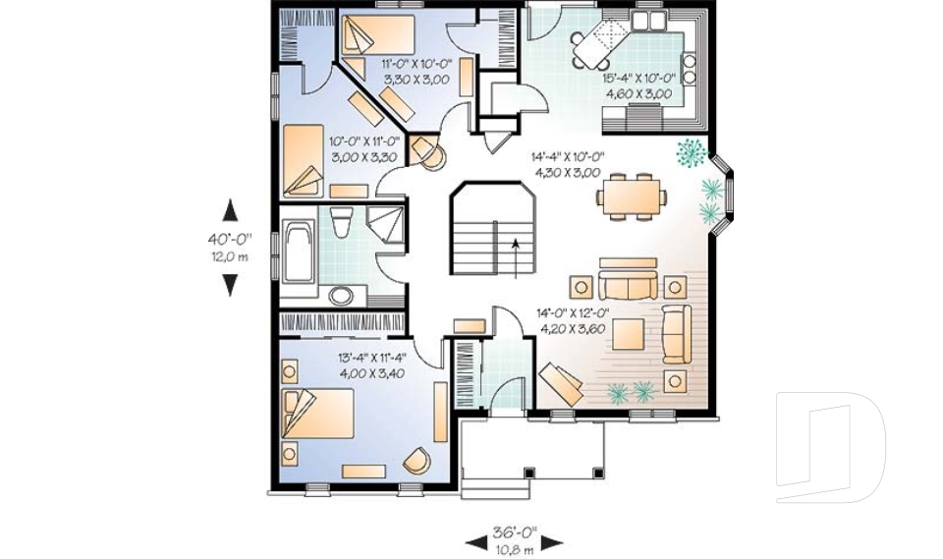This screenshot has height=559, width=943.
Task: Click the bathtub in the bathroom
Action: (299, 252)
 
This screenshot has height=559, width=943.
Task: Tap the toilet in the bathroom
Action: (342, 222)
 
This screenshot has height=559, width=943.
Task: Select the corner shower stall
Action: (385, 224)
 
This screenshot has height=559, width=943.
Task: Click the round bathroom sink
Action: (342, 297)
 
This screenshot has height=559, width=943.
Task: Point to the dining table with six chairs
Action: (632, 196)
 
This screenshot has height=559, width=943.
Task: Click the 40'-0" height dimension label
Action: (230, 239)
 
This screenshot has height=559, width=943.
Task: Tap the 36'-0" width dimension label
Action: (515, 532)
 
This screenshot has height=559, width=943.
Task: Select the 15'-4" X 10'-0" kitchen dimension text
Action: (639, 79)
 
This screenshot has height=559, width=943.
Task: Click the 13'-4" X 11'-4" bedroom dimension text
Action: (372, 358)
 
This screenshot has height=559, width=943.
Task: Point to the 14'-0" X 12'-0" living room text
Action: (573, 312)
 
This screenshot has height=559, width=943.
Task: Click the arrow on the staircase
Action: (516, 258)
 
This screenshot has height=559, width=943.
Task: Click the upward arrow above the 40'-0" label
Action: (230, 210)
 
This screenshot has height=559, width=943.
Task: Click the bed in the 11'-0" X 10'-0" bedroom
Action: (377, 35)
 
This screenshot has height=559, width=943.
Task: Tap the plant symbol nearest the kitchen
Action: (690, 152)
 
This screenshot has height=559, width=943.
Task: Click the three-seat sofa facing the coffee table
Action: (628, 285)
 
